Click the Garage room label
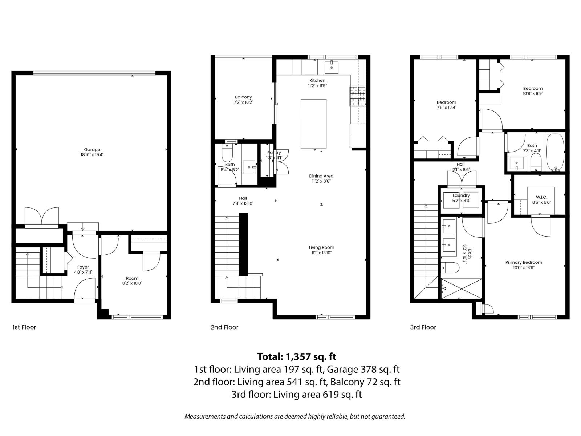click(x=92, y=150)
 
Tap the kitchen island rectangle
click(x=313, y=124)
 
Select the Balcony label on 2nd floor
click(x=243, y=97)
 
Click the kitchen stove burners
click(x=357, y=96)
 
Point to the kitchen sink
click(x=332, y=67)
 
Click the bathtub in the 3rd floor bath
click(x=555, y=152)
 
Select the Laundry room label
click(x=461, y=195)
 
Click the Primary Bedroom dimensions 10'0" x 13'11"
click(x=524, y=268)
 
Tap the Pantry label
click(x=274, y=153)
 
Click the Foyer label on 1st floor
click(x=83, y=267)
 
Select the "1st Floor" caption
click(x=24, y=327)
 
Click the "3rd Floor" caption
click(x=423, y=327)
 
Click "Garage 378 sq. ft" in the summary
click(x=363, y=370)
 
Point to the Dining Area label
click(x=321, y=176)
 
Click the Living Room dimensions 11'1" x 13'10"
click(x=321, y=253)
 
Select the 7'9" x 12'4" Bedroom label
click(x=446, y=108)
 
